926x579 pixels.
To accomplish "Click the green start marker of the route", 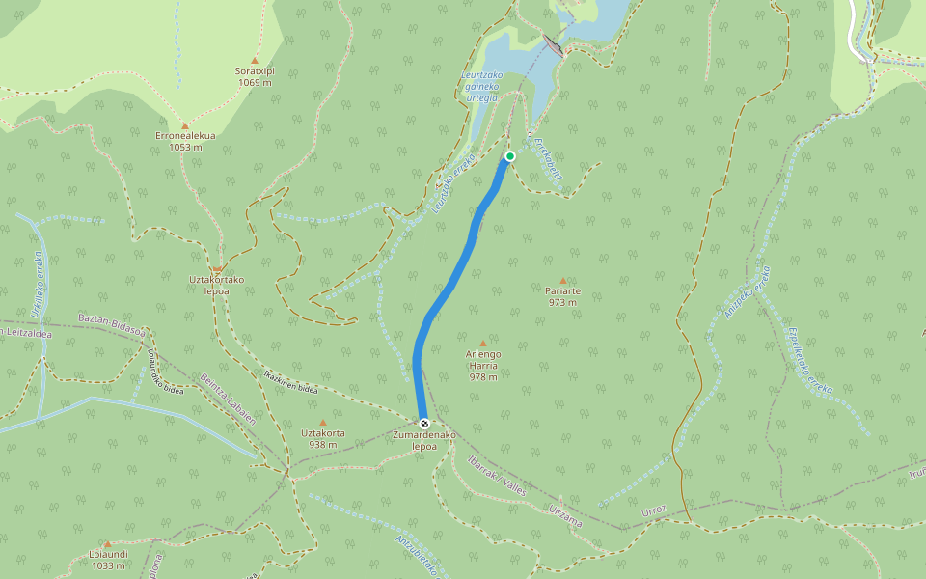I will click(x=510, y=156).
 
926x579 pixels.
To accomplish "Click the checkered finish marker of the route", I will click(x=423, y=424).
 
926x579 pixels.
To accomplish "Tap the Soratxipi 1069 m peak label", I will click(x=255, y=76).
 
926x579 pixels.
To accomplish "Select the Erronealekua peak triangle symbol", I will click(x=185, y=125).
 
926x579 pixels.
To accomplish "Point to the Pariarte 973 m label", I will click(x=562, y=296).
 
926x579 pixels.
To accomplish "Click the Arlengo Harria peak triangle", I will click(x=483, y=343).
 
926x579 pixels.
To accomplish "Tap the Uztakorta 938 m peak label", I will click(x=323, y=439).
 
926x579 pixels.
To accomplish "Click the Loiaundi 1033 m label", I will click(x=107, y=560).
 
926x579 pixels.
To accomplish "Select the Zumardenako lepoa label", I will click(x=423, y=440).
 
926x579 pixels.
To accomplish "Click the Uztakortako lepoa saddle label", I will click(x=217, y=285).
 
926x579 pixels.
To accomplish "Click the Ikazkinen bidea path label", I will click(x=290, y=381).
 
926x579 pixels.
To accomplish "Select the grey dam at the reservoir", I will click(x=554, y=44).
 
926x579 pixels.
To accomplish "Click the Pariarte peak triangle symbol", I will click(x=563, y=281).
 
